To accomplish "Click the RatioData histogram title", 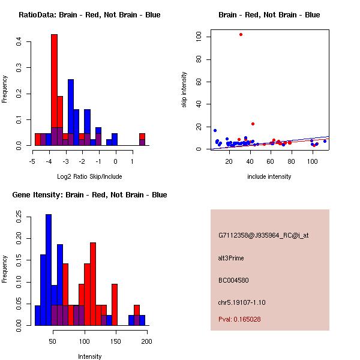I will tap(89, 15).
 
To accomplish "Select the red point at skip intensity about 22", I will tap(253, 124).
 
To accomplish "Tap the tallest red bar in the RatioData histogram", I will tap(54, 90).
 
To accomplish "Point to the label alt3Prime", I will tap(231, 258).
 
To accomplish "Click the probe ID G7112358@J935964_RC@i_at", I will tap(263, 236).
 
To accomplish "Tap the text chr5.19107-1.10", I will tap(242, 302).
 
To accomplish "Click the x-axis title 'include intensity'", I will tap(269, 176).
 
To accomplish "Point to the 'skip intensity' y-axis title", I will tap(185, 90).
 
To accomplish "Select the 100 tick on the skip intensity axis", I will tap(206, 37).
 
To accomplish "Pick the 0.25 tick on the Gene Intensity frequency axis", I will tap(19, 215).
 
